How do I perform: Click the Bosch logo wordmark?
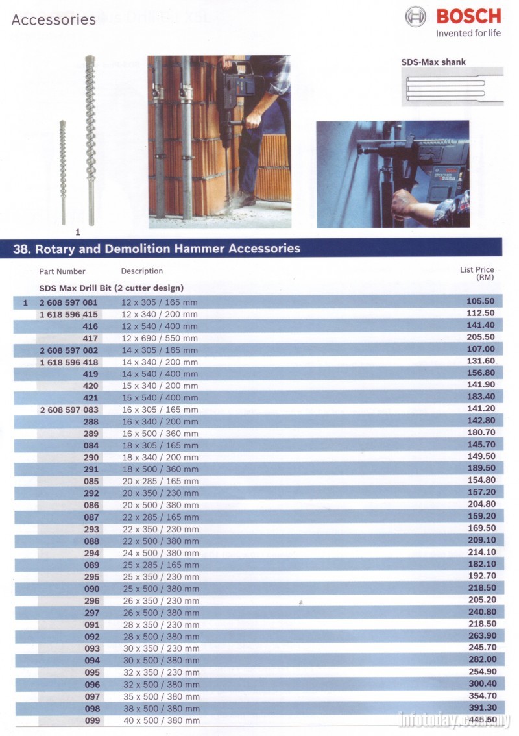coord(468,16)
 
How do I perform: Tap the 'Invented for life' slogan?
coord(468,33)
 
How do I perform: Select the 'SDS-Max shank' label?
coord(433,62)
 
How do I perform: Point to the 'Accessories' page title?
coord(53,19)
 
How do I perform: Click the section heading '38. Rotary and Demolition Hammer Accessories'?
coord(157,248)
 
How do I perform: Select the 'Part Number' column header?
coord(62,271)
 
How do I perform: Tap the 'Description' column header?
coord(142,271)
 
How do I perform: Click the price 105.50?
coord(481,301)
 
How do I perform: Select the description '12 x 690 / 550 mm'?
coord(160,338)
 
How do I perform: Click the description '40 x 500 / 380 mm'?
coord(161,720)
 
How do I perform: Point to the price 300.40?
coord(481,684)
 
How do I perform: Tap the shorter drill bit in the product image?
coord(64,172)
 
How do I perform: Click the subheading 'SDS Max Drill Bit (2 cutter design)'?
coord(112,288)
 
